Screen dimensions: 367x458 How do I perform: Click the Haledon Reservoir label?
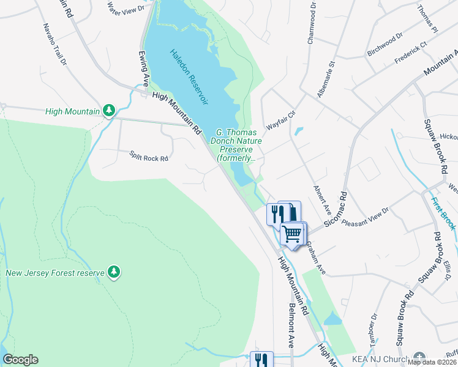(189, 77)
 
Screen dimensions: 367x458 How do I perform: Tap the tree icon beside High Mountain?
(109, 111)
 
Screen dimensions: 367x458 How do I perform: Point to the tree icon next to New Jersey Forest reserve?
(113, 272)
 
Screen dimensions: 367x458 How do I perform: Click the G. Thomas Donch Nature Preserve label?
(240, 145)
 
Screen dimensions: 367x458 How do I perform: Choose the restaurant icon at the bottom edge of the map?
(261, 360)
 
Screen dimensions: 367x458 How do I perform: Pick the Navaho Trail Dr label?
(54, 45)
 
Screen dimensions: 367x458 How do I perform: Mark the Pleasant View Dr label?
(366, 215)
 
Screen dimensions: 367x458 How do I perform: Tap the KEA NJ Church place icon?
(419, 357)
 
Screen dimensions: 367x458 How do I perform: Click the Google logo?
(20, 360)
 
